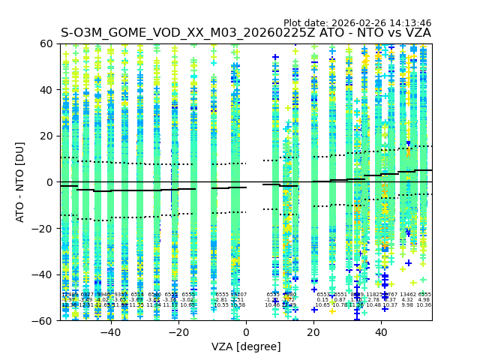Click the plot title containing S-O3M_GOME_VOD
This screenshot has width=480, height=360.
pos(246,33)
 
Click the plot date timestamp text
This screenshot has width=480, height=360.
pos(357,23)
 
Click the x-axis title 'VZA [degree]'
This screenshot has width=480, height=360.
pos(246,346)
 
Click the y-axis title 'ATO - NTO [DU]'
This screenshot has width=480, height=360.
pos(20,181)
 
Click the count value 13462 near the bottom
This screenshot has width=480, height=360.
pos(408,295)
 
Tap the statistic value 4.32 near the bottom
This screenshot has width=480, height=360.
pos(407,300)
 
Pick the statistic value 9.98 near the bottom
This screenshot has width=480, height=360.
pos(407,305)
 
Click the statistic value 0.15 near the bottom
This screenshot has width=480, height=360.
pos(322,300)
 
